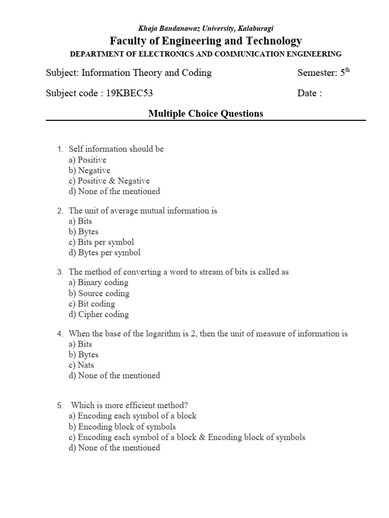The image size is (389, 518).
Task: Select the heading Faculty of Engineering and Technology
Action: click(206, 41)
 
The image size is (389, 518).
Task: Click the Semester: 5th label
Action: click(324, 73)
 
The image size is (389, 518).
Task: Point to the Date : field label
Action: click(309, 93)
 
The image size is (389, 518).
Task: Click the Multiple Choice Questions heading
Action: click(206, 114)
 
